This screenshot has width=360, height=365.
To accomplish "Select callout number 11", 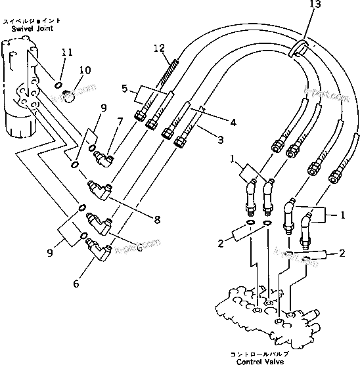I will click(66, 52).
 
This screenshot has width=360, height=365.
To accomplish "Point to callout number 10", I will click(85, 70).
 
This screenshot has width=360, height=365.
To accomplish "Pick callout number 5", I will click(124, 88).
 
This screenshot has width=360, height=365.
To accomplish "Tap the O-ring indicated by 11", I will click(58, 84).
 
